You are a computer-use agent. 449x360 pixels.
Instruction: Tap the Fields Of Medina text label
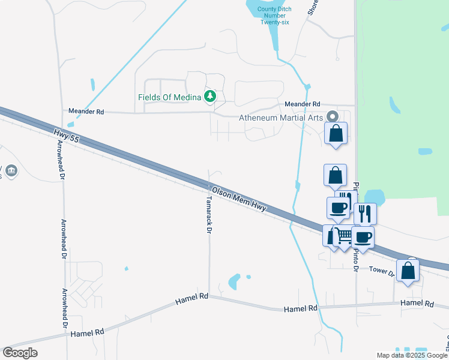click(170, 97)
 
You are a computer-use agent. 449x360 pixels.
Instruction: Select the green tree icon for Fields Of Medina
click(210, 97)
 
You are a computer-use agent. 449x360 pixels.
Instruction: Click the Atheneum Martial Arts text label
click(282, 118)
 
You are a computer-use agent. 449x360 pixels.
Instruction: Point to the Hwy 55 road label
click(66, 135)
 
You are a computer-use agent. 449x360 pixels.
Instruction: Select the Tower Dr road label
click(382, 271)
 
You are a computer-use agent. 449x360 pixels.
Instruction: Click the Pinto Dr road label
click(355, 261)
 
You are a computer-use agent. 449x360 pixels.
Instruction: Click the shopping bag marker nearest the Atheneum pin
click(336, 133)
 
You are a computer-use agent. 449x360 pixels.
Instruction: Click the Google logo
click(20, 353)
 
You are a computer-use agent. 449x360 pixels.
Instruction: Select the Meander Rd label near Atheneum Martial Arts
click(303, 104)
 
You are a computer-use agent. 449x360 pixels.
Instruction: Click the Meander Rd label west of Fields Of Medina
click(86, 112)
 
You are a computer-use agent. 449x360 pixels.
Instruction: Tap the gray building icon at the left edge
click(11, 172)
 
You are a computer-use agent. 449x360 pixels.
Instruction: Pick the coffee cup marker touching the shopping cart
click(362, 236)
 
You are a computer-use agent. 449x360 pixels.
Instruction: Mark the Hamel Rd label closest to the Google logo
click(87, 332)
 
